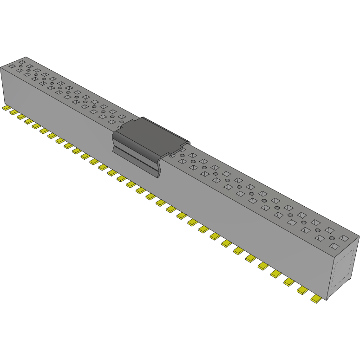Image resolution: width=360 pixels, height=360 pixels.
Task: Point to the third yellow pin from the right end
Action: (x=289, y=281)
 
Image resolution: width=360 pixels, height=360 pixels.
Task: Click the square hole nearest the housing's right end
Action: (x=344, y=238)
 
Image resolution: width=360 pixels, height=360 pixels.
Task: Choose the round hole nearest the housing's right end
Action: (x=332, y=238)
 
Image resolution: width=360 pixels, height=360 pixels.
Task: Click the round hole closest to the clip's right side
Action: (x=183, y=156)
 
